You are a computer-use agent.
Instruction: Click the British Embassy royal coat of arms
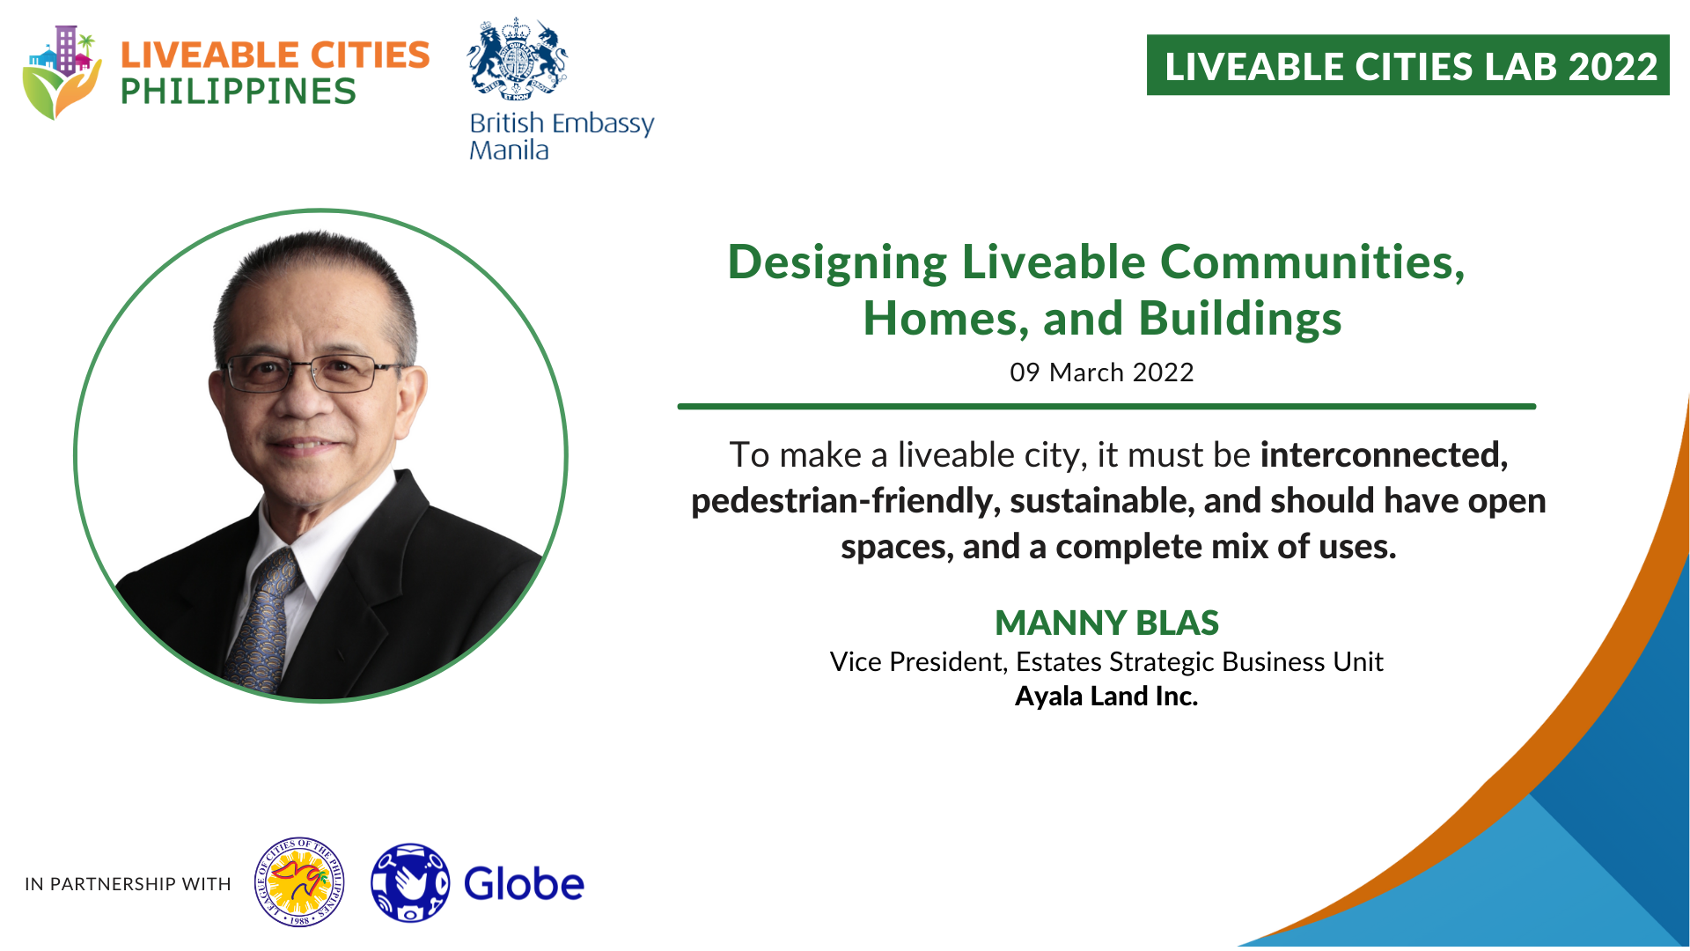click(518, 60)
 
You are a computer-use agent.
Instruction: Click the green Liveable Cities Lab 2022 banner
click(1407, 65)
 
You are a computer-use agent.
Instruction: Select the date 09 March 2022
click(1102, 372)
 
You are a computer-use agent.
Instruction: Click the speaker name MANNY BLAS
click(1106, 623)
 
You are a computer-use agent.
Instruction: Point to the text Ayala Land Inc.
click(1106, 696)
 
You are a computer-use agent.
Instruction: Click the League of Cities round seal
click(299, 882)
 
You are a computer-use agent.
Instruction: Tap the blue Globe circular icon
click(410, 882)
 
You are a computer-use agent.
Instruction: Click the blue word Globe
click(524, 884)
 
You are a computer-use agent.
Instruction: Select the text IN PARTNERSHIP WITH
click(128, 884)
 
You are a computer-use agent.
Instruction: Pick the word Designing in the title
click(837, 264)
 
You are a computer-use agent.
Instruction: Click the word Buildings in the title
click(1240, 319)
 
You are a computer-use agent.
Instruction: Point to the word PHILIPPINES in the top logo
click(238, 92)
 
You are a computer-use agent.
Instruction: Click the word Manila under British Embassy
click(509, 151)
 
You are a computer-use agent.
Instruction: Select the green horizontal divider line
click(1106, 407)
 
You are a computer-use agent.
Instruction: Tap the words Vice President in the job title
click(918, 662)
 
